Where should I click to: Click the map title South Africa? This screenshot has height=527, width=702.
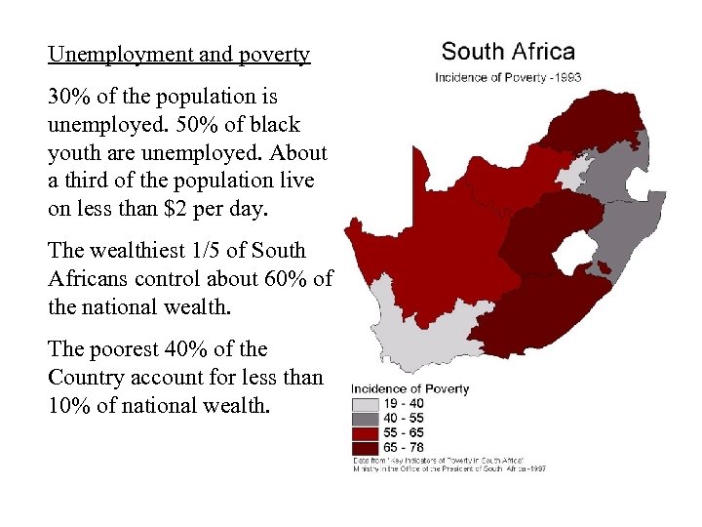pyautogui.click(x=508, y=52)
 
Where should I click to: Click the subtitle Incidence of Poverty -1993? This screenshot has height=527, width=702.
pyautogui.click(x=508, y=77)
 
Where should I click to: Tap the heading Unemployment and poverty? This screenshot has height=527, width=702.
pyautogui.click(x=178, y=55)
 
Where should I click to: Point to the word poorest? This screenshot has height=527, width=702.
pyautogui.click(x=131, y=348)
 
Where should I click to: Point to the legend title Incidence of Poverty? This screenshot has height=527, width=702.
pyautogui.click(x=410, y=389)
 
